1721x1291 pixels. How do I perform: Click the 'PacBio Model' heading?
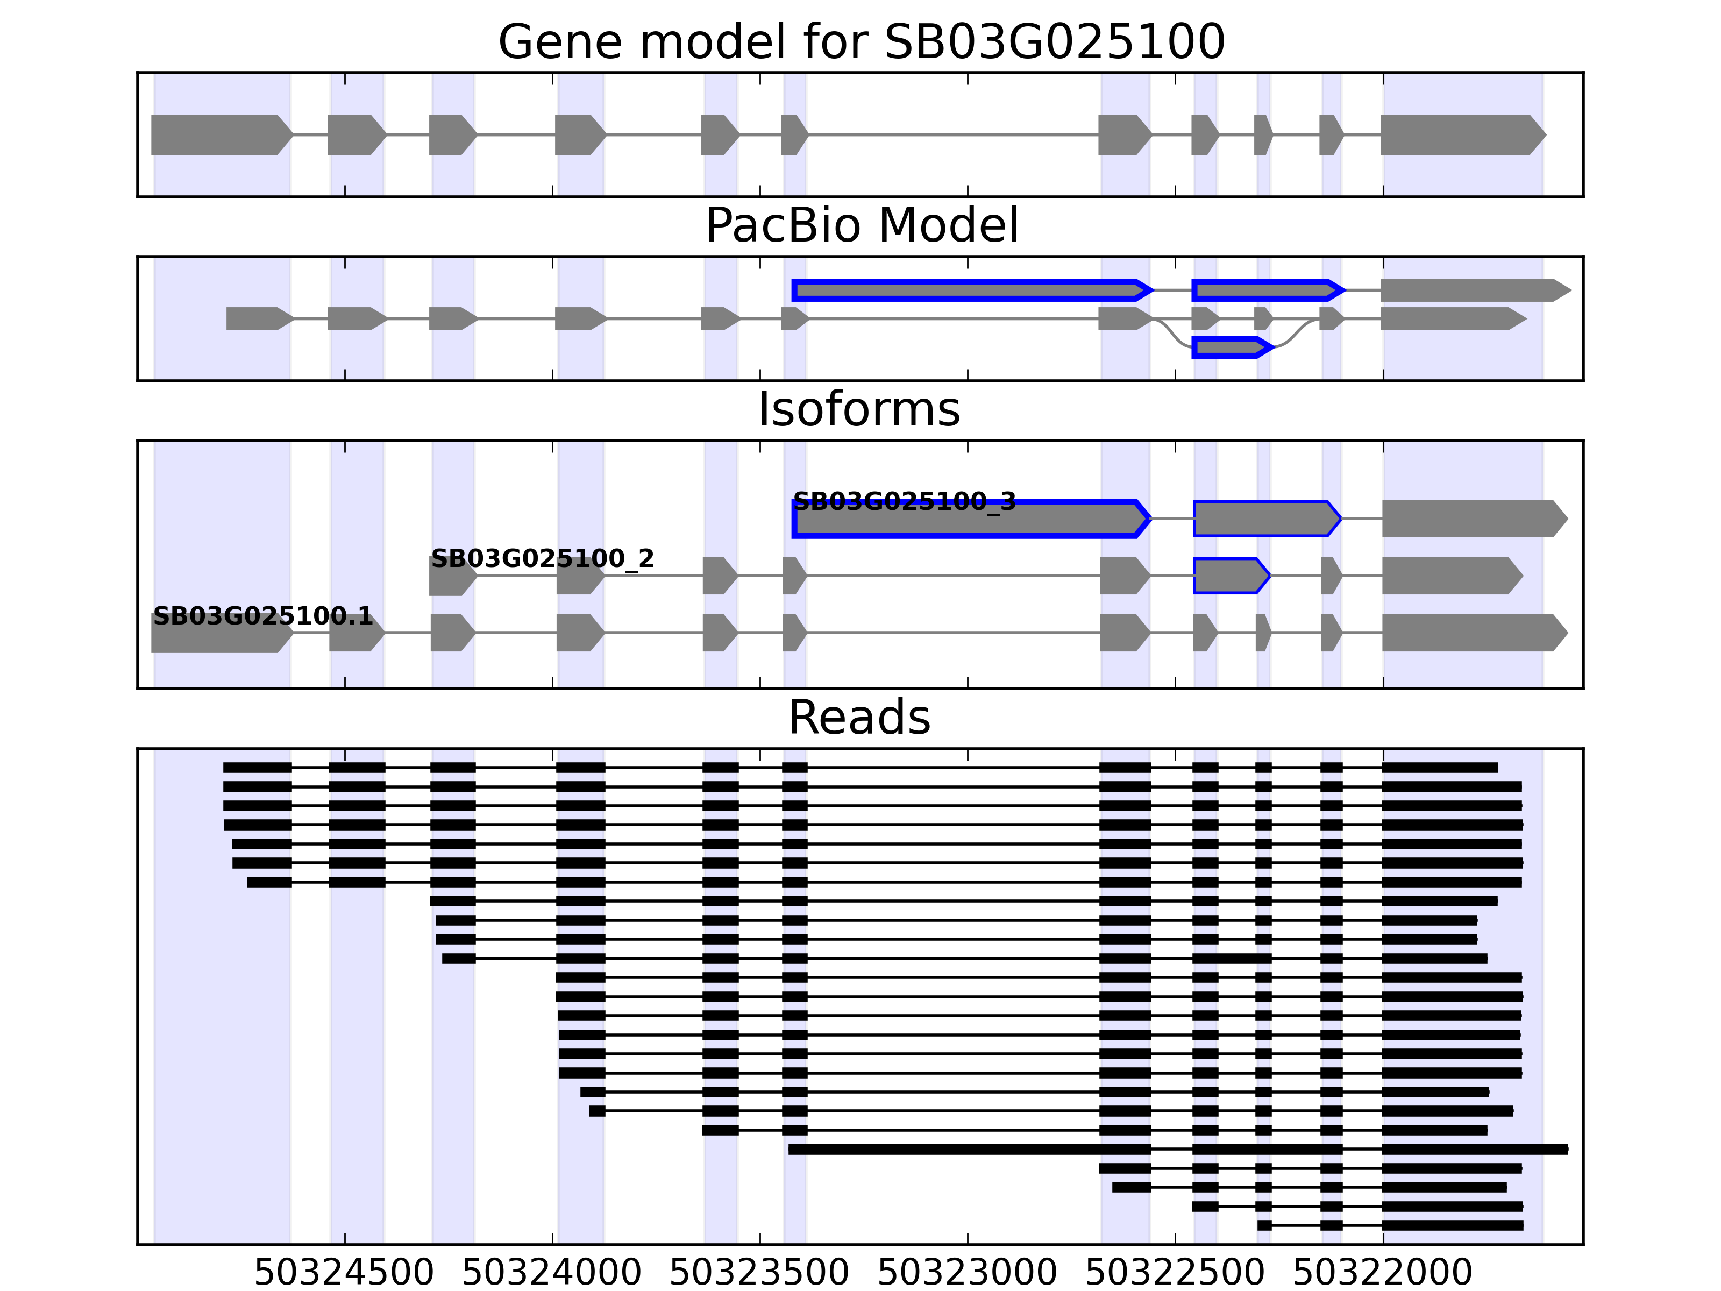(x=860, y=226)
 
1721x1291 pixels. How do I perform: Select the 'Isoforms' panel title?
(x=859, y=409)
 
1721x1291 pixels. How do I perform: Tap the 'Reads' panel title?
(x=859, y=718)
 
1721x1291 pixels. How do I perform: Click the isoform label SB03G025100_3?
(x=904, y=502)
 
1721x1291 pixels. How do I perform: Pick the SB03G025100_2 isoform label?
(x=542, y=559)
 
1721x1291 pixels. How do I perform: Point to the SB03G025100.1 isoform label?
(x=263, y=616)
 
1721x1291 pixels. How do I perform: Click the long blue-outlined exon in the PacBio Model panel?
(x=969, y=290)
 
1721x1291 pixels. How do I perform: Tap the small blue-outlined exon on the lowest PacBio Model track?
(x=1229, y=347)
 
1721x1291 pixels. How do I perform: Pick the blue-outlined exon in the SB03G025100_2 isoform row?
(x=1229, y=576)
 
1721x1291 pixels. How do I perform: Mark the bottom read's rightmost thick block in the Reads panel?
(x=1452, y=1225)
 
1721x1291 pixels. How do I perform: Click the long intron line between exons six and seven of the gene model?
(x=953, y=134)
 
